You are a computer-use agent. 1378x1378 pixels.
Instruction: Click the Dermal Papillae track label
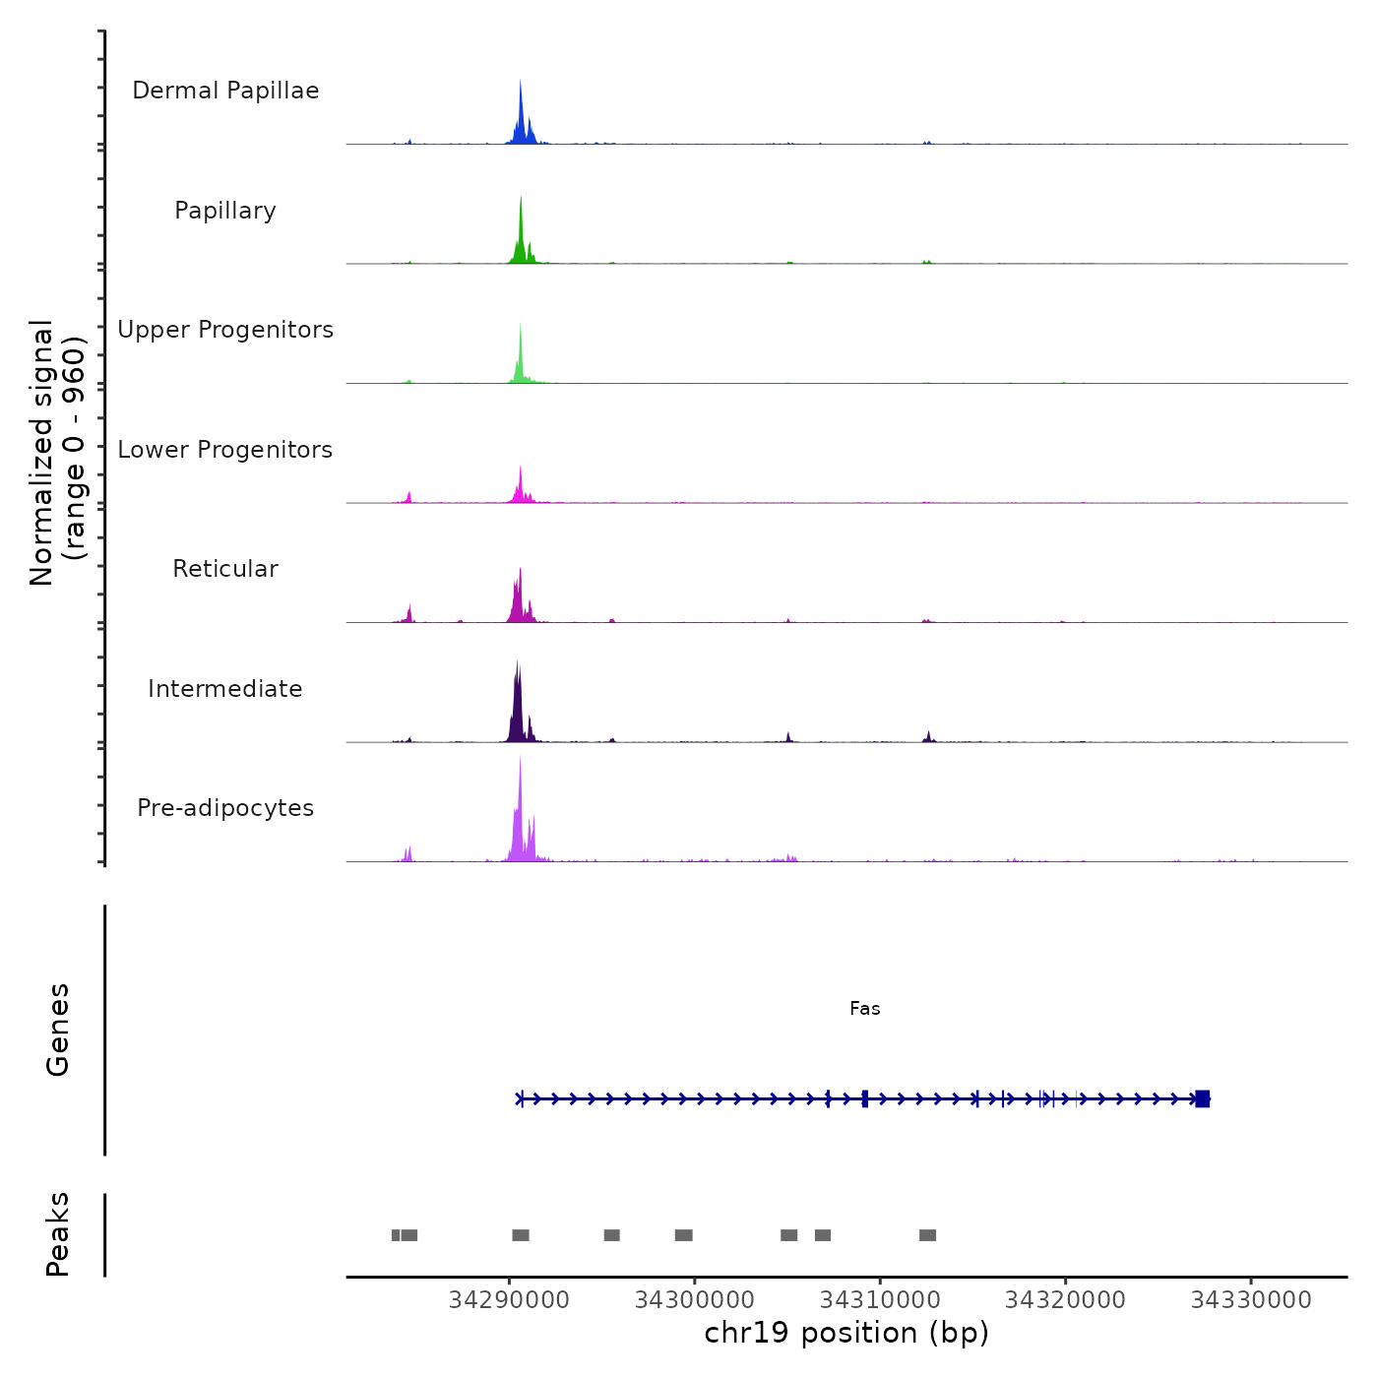click(x=225, y=91)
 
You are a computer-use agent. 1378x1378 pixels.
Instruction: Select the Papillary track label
click(x=225, y=211)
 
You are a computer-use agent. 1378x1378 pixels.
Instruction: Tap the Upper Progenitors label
click(x=225, y=330)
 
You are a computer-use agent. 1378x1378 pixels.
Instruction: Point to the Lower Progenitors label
click(x=225, y=450)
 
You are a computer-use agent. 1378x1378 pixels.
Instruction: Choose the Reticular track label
click(x=225, y=569)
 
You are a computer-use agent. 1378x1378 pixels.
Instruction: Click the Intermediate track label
click(x=225, y=689)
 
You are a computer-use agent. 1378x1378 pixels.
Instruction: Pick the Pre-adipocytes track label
click(x=225, y=808)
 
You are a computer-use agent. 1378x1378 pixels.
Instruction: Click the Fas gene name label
click(x=865, y=1009)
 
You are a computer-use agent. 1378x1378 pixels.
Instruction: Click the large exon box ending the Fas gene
click(x=1202, y=1099)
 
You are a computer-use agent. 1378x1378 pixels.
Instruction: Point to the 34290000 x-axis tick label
click(x=509, y=1300)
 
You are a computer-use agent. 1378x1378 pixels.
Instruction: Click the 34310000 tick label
click(x=880, y=1300)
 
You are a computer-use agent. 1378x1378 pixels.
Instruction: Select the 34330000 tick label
click(x=1251, y=1300)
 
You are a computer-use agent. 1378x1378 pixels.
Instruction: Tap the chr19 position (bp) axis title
click(x=846, y=1334)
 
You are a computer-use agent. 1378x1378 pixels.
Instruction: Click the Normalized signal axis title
click(x=57, y=453)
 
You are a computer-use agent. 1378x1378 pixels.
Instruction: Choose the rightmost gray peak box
click(x=927, y=1235)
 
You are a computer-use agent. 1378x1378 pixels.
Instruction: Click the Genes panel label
click(x=58, y=1030)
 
